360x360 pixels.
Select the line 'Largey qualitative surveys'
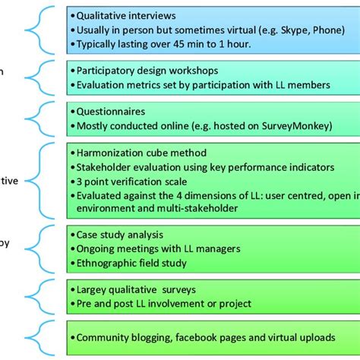137,289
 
